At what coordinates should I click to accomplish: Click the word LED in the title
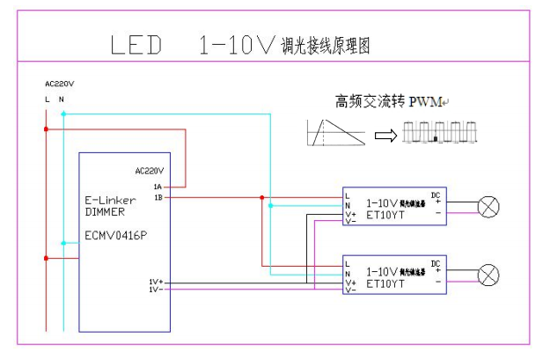136,46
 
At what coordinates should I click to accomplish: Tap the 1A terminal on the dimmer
158,187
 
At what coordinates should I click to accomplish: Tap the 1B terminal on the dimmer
158,197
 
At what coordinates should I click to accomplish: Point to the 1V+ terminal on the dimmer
155,282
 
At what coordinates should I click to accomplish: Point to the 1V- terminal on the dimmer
155,289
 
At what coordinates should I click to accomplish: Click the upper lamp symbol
488,207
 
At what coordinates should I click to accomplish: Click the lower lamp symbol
488,275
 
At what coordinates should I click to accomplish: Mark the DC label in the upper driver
435,194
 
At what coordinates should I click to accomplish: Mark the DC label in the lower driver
435,262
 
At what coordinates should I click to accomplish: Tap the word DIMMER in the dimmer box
102,212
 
